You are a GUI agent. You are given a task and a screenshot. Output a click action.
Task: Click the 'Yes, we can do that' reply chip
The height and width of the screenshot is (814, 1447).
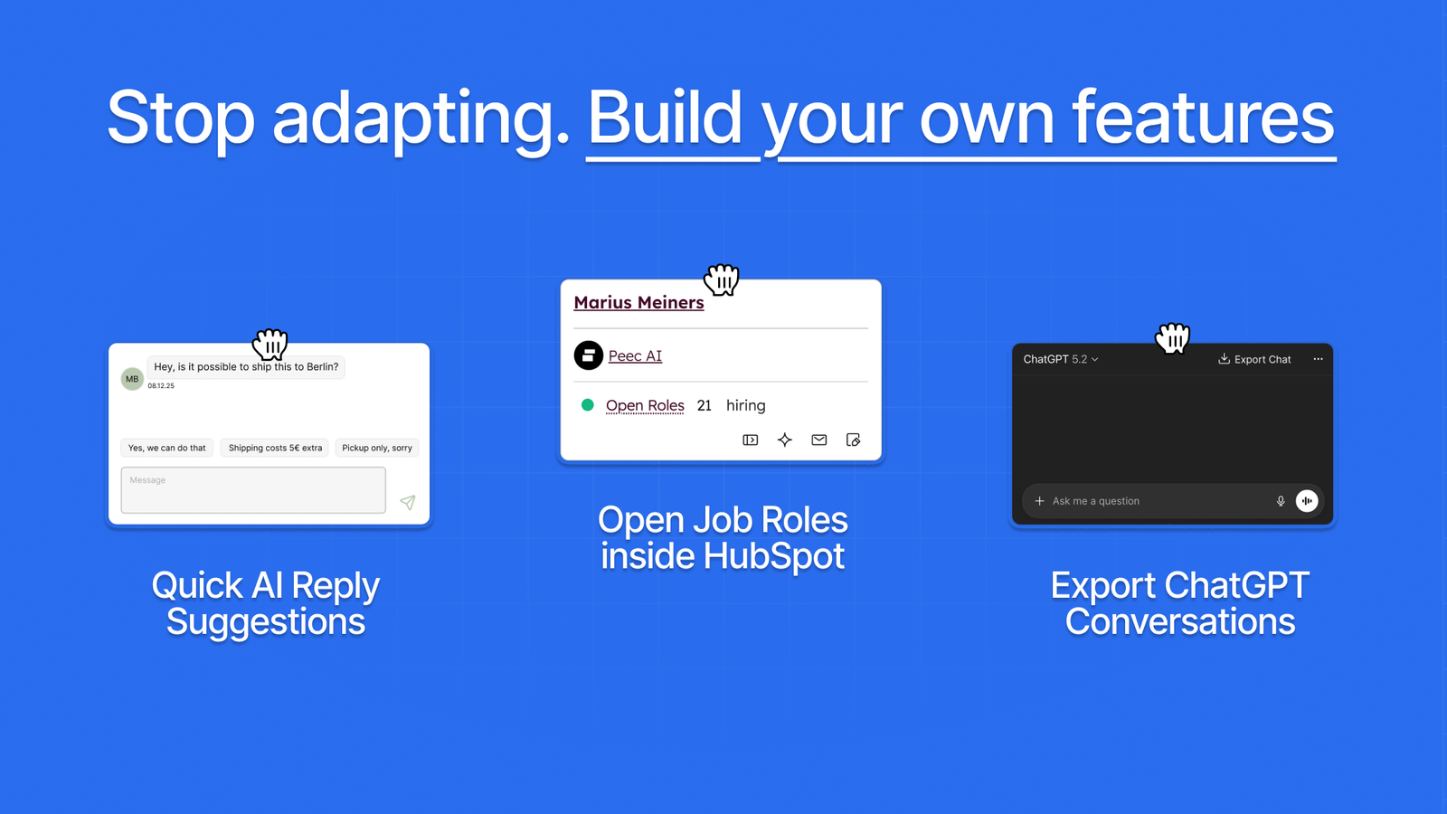[x=166, y=448]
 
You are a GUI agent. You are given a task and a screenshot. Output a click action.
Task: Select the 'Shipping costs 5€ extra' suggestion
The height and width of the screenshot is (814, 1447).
[x=275, y=448]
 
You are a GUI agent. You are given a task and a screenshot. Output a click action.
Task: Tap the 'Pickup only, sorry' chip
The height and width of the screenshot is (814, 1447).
[x=376, y=448]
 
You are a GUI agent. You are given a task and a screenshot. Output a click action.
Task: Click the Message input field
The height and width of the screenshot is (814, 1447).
[x=253, y=490]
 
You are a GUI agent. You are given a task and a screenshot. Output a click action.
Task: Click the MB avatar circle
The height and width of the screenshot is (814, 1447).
[x=132, y=379]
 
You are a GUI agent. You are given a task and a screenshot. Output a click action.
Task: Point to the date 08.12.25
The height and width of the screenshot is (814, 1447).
[x=161, y=385]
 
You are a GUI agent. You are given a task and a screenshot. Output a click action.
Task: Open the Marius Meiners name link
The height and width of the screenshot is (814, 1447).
[x=638, y=302]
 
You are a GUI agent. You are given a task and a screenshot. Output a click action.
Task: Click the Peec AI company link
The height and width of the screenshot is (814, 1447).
[x=635, y=356]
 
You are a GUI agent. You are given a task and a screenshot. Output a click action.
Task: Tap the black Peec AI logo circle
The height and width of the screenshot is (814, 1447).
[x=589, y=355]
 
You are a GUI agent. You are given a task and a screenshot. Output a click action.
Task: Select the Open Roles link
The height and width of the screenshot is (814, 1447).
[x=645, y=406]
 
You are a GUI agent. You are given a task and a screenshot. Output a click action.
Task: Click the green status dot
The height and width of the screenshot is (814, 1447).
[x=587, y=405]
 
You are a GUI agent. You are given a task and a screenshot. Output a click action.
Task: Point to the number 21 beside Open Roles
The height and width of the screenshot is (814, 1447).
[x=705, y=406]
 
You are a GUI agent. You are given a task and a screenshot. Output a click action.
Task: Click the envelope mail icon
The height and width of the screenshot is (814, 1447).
[x=819, y=440]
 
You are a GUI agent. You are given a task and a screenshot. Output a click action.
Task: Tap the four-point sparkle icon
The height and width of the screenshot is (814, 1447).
[x=785, y=440]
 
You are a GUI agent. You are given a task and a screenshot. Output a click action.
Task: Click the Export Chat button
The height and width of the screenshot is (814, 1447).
[x=1254, y=359]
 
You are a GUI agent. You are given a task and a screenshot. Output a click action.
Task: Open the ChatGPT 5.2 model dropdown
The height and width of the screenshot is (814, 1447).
[x=1061, y=359]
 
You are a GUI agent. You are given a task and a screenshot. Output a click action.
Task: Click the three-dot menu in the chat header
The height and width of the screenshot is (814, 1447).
[x=1318, y=359]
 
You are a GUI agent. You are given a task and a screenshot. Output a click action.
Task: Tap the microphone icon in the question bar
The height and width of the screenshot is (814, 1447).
[x=1281, y=501]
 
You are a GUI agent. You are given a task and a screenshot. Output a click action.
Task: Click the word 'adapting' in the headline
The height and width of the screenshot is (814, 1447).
[x=421, y=120]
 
